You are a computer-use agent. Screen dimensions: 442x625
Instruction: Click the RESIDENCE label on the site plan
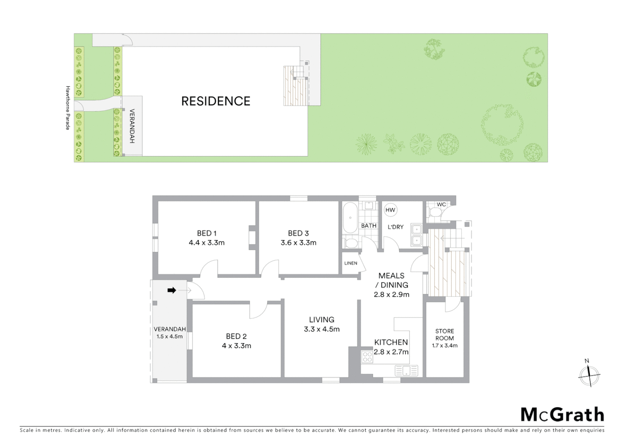point(216,101)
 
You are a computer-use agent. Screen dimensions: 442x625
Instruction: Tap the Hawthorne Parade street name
point(68,108)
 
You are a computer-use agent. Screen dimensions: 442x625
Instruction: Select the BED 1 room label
point(207,233)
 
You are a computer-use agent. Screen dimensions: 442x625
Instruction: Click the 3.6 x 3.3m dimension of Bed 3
point(298,243)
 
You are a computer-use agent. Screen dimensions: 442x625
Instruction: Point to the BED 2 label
point(236,336)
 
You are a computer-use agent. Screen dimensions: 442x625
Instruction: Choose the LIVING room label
point(321,320)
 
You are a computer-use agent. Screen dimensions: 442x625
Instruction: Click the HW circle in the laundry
point(390,210)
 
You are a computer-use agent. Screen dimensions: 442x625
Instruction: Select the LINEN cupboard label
point(351,263)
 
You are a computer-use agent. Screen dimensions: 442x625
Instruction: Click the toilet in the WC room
point(434,212)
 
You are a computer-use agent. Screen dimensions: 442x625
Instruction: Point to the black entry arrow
point(172,290)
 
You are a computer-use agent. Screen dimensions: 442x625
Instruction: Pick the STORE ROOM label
point(445,334)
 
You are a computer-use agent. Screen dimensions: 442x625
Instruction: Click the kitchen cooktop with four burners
point(367,357)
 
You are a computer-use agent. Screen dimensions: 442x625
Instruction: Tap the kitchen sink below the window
point(406,371)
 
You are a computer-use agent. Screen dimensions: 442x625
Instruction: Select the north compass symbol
point(589,374)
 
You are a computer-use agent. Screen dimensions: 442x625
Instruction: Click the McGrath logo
point(562,415)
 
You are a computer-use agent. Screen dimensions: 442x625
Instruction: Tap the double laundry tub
point(417,235)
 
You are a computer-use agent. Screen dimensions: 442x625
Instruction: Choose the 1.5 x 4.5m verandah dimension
point(169,336)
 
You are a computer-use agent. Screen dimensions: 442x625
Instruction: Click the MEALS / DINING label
point(391,280)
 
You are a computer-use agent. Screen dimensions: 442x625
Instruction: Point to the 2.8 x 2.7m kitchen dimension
point(391,352)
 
